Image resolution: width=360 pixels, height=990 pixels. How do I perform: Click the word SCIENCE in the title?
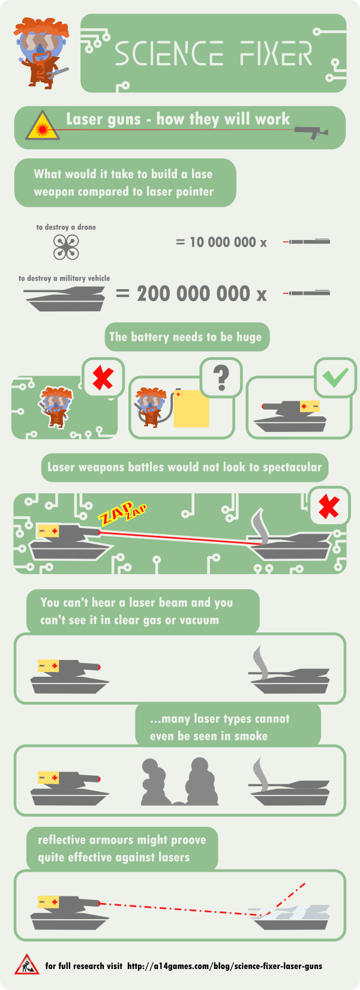tap(169, 54)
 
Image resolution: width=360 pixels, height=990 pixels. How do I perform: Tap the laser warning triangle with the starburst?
tap(42, 126)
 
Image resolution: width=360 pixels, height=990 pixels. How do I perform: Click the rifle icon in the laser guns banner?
tap(312, 131)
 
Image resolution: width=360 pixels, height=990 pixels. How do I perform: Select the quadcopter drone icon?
tap(66, 247)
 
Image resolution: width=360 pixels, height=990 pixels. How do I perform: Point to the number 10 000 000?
tap(223, 242)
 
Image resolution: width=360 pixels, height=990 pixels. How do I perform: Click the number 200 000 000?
tap(193, 294)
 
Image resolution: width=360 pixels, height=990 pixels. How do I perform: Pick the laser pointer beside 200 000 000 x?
tap(307, 293)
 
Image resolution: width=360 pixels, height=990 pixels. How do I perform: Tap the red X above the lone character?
tap(103, 378)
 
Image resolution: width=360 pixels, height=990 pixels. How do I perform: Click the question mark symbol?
tap(221, 377)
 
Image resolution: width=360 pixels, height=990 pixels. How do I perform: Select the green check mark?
tap(335, 377)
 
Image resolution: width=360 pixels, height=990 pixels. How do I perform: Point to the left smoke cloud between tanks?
tap(157, 783)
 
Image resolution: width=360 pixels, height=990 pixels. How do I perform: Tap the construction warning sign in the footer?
tap(26, 964)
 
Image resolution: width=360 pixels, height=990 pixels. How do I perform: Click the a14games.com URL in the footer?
tap(224, 966)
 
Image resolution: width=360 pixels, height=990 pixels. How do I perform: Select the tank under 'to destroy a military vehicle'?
tap(65, 298)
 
